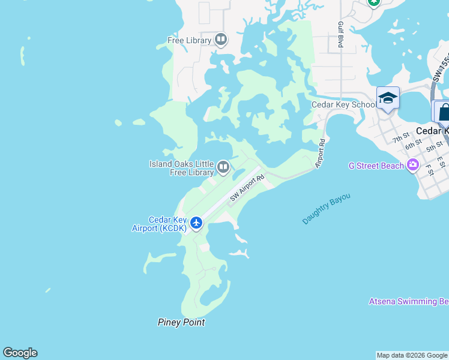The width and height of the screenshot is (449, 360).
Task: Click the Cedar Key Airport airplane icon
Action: coord(196,223)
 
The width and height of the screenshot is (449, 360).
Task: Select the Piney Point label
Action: coord(181,322)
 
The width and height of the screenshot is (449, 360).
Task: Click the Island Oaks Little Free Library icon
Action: coord(223,167)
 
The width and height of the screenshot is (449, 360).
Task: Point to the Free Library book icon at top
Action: coord(221,40)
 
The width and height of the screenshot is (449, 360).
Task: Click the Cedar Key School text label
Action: coord(344,104)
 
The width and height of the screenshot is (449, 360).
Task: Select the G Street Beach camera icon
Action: coord(413,165)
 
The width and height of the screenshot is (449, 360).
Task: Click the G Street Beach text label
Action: coord(376,166)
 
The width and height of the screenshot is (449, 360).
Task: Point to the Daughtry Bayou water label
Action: coord(326,209)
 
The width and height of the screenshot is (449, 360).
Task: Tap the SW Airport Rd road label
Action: coord(247,188)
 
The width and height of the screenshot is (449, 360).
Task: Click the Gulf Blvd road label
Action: coord(340,35)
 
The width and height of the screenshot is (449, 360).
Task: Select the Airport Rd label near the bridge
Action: coord(321,153)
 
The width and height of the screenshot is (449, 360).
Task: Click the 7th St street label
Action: coord(400,139)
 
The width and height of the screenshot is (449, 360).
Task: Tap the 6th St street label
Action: coord(413,145)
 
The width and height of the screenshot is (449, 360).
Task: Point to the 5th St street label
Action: coord(434,145)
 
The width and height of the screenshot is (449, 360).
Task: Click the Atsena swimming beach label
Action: coord(408,301)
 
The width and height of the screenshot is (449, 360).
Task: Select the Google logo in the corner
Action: coord(20,353)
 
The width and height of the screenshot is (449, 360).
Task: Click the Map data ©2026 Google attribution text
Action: coord(412,355)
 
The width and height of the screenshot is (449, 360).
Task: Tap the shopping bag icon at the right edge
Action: coord(444,112)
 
